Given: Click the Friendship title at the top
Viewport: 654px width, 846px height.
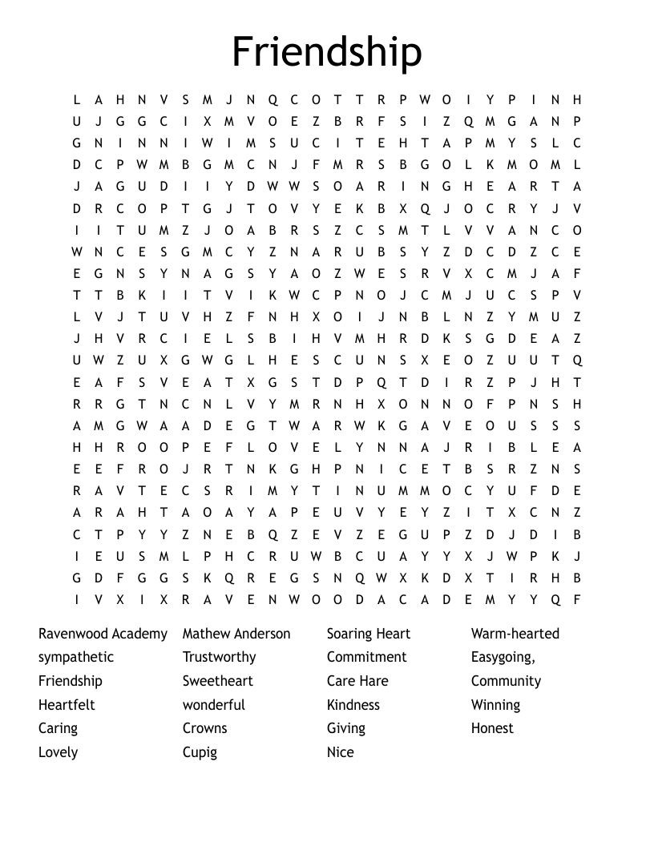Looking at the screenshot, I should click(327, 52).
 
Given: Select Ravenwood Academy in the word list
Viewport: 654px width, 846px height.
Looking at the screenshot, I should click(103, 634).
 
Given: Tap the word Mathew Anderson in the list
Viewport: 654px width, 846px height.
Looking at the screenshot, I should click(236, 634).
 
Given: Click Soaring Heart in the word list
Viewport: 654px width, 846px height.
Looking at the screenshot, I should click(368, 634).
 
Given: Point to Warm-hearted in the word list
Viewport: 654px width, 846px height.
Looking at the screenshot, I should click(515, 634).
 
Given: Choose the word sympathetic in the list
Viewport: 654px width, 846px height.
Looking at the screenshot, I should click(76, 658).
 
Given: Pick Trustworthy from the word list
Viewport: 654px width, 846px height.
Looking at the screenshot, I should click(219, 657).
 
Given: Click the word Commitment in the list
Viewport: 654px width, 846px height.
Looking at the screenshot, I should click(366, 657).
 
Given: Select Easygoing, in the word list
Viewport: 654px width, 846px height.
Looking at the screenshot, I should click(503, 658).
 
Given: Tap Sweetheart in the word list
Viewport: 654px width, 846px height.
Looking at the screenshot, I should click(217, 681).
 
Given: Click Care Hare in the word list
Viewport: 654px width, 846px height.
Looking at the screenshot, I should click(357, 681).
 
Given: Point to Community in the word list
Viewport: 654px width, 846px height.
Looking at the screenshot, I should click(506, 681).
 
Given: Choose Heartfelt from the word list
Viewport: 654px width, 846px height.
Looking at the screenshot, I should click(67, 705).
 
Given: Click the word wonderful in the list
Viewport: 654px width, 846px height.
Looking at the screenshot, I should click(213, 705).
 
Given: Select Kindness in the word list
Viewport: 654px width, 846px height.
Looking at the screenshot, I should click(353, 705).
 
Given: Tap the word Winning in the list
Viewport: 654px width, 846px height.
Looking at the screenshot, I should click(495, 705).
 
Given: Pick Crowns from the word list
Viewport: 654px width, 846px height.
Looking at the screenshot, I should click(204, 728).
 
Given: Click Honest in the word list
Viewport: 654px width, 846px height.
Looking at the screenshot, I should click(492, 728).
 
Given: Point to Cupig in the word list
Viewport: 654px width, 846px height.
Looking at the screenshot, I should click(200, 752).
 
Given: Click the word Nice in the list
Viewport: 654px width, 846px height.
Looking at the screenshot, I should click(340, 752).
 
